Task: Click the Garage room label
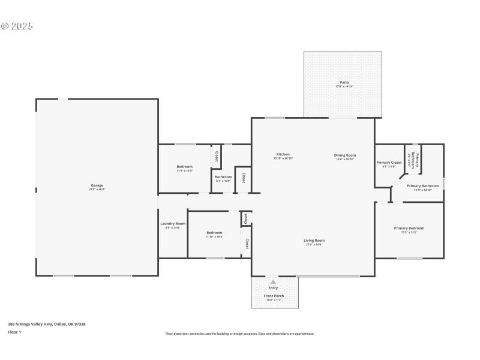tap(97, 185)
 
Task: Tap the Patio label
tap(344, 82)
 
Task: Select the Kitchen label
tap(283, 154)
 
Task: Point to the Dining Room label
tap(344, 155)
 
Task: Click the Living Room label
tap(314, 240)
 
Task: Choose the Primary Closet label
tap(388, 163)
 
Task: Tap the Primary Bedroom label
tap(409, 228)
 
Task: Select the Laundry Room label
tap(172, 224)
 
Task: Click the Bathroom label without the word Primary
tap(223, 176)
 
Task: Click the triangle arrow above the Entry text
tap(273, 281)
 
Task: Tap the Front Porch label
tap(274, 296)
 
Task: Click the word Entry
tap(273, 288)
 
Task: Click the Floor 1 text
tap(14, 332)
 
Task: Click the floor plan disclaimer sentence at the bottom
tap(239, 334)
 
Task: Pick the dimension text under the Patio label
tap(344, 86)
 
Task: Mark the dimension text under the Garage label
tap(97, 190)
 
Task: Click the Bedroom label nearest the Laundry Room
tap(214, 232)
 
